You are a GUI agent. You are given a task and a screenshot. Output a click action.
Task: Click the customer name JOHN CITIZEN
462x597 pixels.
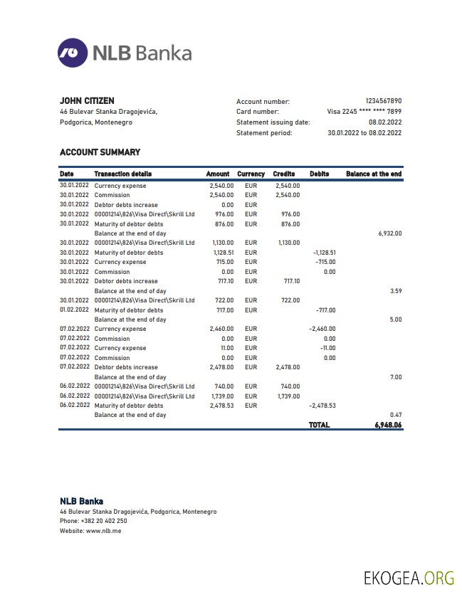click(x=87, y=101)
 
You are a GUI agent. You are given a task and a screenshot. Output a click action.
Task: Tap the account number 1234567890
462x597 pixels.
click(x=383, y=102)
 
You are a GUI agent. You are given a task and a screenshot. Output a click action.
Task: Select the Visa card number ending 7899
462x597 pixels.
click(x=364, y=112)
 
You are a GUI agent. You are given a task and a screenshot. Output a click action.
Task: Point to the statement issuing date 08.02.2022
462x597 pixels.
click(x=385, y=122)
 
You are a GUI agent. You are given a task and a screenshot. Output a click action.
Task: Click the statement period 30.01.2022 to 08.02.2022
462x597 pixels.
click(x=364, y=133)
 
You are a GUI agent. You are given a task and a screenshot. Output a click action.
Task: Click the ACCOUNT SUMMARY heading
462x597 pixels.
click(x=100, y=152)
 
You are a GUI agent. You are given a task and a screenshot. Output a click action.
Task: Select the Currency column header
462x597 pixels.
click(x=251, y=174)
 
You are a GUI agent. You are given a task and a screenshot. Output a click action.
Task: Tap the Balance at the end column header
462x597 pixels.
click(x=373, y=174)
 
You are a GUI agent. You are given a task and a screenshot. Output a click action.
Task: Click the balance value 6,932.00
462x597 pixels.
click(x=389, y=233)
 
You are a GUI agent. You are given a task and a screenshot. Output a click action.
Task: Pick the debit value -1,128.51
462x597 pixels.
click(x=324, y=253)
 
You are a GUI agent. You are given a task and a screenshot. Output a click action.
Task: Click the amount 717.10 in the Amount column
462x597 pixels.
click(x=224, y=281)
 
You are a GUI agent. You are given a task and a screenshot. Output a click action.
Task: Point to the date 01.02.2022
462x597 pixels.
click(x=75, y=310)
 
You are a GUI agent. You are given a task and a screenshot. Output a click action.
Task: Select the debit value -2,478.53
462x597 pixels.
click(x=322, y=406)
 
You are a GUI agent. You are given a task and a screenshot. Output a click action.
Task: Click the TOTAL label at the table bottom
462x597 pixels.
click(x=319, y=425)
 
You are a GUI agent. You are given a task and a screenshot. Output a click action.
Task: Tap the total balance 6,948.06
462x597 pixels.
click(x=388, y=425)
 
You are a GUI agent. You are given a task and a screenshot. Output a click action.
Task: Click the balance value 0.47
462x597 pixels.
click(x=396, y=415)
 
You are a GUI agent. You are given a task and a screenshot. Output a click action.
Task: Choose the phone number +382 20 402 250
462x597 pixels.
click(x=105, y=521)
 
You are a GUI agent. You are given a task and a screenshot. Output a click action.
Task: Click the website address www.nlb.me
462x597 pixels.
click(x=103, y=531)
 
